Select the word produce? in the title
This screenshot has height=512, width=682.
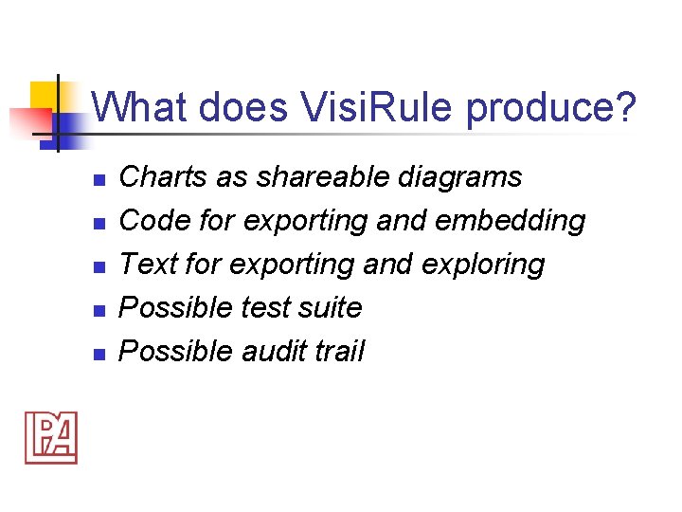click(551, 109)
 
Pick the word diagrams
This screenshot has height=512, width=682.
click(464, 177)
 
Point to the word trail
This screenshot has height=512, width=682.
click(342, 351)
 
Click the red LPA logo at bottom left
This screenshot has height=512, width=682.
click(51, 438)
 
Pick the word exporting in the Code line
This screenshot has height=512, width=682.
click(306, 221)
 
